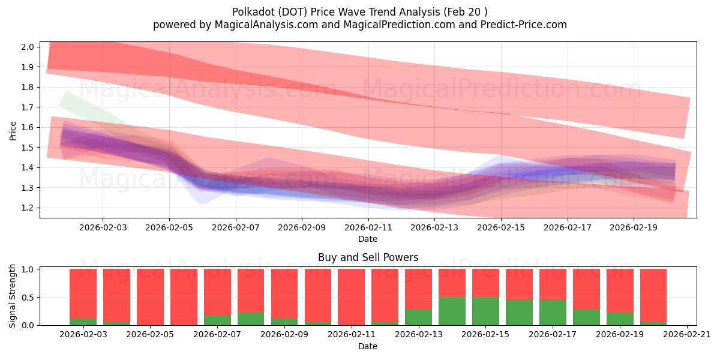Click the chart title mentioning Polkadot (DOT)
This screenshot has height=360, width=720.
pos(359,11)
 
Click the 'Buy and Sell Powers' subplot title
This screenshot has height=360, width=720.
pos(368,257)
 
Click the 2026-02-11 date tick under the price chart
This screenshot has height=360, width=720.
pos(368,228)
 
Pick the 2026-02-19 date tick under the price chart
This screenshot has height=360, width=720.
pos(634,228)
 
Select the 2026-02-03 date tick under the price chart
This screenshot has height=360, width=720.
pos(102,228)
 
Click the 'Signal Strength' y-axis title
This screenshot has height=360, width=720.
pos(13,296)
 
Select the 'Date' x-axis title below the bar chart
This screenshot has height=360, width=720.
pos(368,346)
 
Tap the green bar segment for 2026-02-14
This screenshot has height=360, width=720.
pos(452,311)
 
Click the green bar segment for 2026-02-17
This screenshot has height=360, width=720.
pos(553,312)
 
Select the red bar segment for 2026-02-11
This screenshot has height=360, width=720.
pos(351,296)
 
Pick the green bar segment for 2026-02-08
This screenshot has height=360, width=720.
pos(251,319)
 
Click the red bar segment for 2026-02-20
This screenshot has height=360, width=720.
pos(653,295)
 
